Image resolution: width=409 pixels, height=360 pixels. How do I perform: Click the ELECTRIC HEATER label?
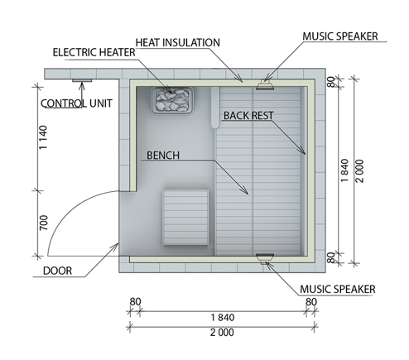(x=94, y=52)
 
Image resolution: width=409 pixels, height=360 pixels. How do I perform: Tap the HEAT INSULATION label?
(x=178, y=42)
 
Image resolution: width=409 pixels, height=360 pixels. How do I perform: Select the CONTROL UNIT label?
(x=76, y=103)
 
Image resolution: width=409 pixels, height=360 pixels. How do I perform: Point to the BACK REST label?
(x=248, y=116)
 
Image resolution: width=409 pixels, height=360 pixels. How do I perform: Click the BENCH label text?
(x=163, y=156)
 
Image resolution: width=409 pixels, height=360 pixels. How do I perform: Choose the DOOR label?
(x=57, y=271)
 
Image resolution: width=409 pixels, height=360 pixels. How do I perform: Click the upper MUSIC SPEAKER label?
(x=340, y=36)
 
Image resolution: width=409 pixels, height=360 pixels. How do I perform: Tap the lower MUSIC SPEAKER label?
(x=338, y=289)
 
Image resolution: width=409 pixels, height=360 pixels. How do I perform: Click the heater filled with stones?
(x=171, y=100)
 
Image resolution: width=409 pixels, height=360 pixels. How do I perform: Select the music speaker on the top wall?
(x=265, y=85)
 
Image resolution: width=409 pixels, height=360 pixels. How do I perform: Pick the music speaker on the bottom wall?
(x=265, y=258)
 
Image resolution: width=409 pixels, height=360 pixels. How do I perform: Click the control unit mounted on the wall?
(x=82, y=80)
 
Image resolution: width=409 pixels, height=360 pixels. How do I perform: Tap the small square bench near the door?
(x=185, y=218)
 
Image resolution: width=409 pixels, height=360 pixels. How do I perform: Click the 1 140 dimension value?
(x=43, y=137)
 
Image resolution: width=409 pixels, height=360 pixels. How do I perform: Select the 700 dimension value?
(x=43, y=223)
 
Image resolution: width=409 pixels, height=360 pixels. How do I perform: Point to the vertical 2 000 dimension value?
(x=360, y=171)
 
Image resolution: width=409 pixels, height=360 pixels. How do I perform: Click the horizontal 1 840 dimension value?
(x=223, y=318)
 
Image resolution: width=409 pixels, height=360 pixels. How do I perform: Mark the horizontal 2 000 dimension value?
(x=222, y=333)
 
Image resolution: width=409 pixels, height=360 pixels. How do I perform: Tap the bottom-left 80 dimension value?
(x=135, y=302)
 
